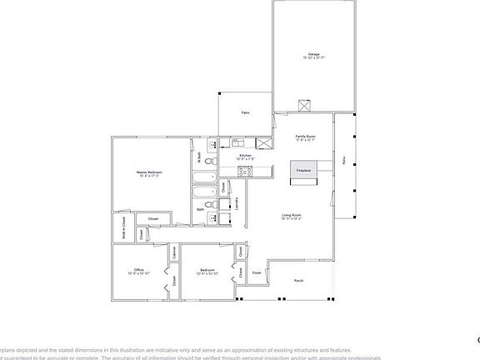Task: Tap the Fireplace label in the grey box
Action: pyautogui.click(x=303, y=170)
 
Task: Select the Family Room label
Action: pyautogui.click(x=305, y=136)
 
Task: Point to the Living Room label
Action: pyautogui.click(x=291, y=215)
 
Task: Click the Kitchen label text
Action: pyautogui.click(x=246, y=156)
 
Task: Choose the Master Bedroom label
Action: pyautogui.click(x=149, y=172)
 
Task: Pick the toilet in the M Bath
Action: pyautogui.click(x=212, y=160)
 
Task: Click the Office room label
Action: pyautogui.click(x=138, y=270)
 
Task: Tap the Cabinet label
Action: pyautogui.click(x=174, y=252)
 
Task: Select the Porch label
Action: pyautogui.click(x=297, y=281)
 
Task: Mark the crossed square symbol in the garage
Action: pyautogui.click(x=304, y=106)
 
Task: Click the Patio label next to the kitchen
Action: pyautogui.click(x=246, y=112)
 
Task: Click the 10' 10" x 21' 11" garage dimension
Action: pyautogui.click(x=314, y=58)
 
